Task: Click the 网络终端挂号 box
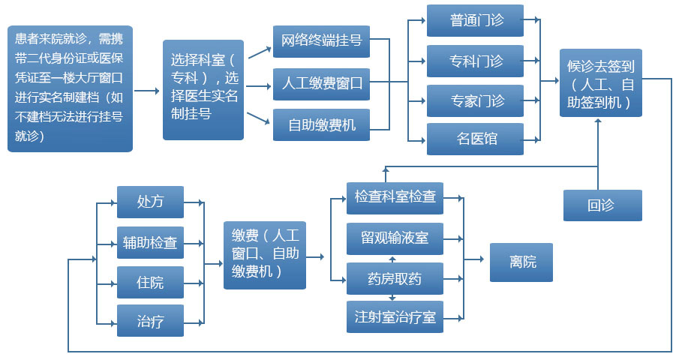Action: (321, 41)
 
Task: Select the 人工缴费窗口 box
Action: (321, 83)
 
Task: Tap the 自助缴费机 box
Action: (321, 125)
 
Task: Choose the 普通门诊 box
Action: (475, 21)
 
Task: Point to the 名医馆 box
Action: (475, 139)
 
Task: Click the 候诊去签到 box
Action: (601, 83)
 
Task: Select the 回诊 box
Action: (602, 205)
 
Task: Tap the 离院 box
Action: (521, 262)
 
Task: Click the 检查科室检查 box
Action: (395, 197)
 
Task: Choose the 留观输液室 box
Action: (395, 238)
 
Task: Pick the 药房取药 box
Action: (395, 279)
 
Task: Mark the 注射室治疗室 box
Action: (395, 316)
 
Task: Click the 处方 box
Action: (150, 202)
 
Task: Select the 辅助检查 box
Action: (150, 243)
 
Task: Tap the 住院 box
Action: (150, 283)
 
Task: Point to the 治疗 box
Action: (150, 321)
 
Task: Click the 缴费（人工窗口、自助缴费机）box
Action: (265, 256)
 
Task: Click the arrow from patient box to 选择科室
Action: (147, 91)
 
